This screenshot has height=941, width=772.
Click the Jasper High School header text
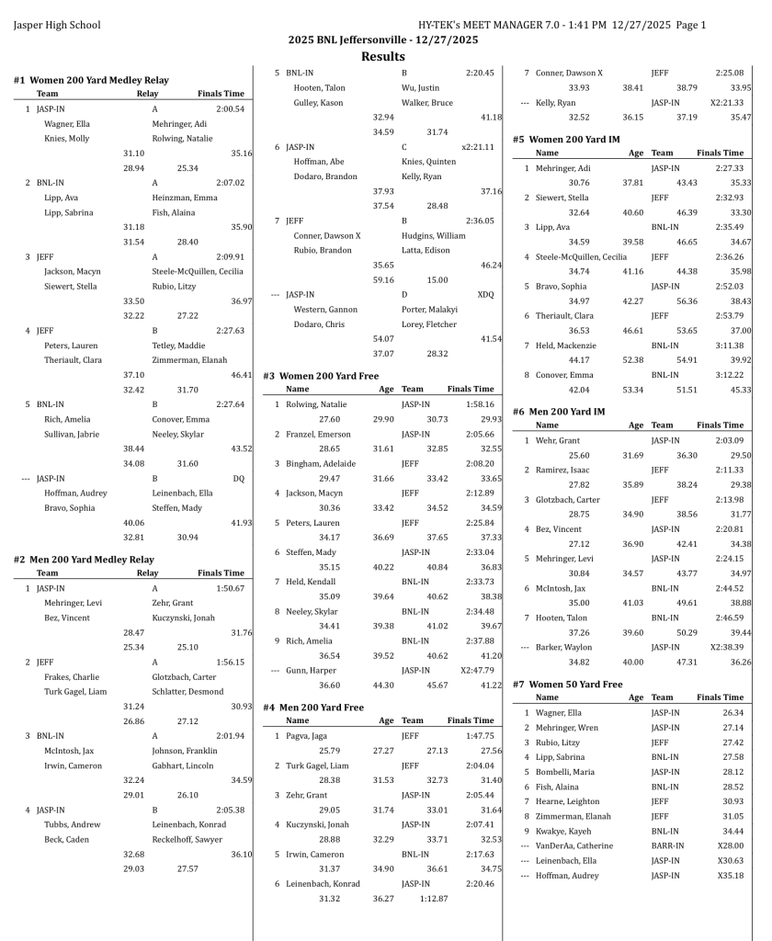click(57, 25)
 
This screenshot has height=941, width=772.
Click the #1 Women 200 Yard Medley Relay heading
click(91, 80)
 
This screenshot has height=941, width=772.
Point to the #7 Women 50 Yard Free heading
click(567, 684)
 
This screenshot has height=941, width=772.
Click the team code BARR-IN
click(667, 845)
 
